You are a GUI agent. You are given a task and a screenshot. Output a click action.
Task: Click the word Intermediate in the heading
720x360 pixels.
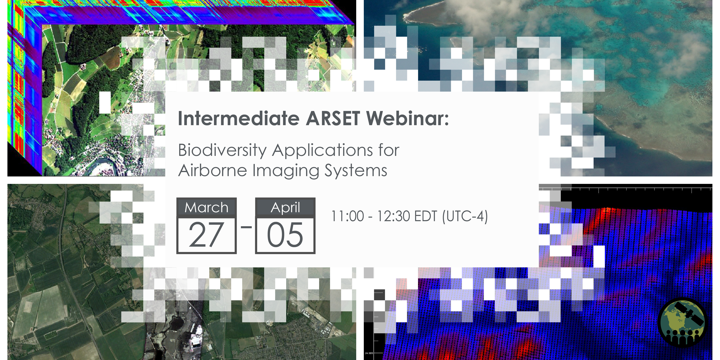tap(239, 118)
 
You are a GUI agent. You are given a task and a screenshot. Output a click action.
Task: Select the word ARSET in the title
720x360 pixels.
tap(333, 118)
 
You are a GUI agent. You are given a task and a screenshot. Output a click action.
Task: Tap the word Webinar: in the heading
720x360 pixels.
tap(407, 118)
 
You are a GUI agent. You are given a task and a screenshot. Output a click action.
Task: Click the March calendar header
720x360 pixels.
tap(207, 207)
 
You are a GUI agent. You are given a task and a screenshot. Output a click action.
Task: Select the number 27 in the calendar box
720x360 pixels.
tap(207, 235)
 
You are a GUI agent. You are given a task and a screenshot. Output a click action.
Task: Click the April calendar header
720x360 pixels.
tap(285, 207)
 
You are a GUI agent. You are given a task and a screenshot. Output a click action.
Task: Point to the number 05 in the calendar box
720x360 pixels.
tap(285, 235)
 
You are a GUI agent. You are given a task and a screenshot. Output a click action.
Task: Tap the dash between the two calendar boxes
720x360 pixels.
tap(246, 227)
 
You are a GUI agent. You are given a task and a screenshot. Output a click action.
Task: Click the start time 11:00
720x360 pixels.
tap(348, 216)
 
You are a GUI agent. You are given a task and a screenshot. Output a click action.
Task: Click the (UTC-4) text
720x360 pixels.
tap(465, 216)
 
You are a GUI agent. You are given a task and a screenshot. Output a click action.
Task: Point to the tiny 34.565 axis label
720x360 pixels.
tap(369, 353)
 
